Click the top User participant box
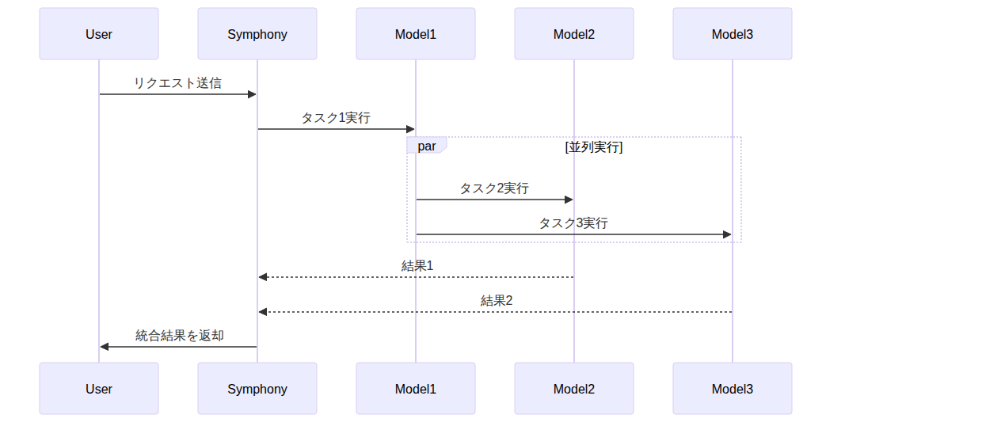(x=99, y=34)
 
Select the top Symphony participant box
(x=257, y=34)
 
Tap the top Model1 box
(x=416, y=34)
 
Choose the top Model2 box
(x=574, y=34)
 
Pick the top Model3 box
(x=733, y=34)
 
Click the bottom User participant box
(x=99, y=389)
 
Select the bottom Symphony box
(x=257, y=389)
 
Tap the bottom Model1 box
(x=416, y=389)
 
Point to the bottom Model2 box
(x=574, y=389)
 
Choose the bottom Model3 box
(x=733, y=389)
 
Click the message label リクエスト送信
(x=177, y=83)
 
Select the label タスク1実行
(x=336, y=118)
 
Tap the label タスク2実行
(x=494, y=188)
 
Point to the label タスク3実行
(x=573, y=223)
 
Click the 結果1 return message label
(x=417, y=266)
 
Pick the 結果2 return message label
(x=497, y=301)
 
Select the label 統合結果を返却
(x=180, y=336)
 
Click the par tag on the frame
(x=427, y=146)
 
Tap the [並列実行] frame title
(x=594, y=147)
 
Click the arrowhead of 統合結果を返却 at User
(x=105, y=347)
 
